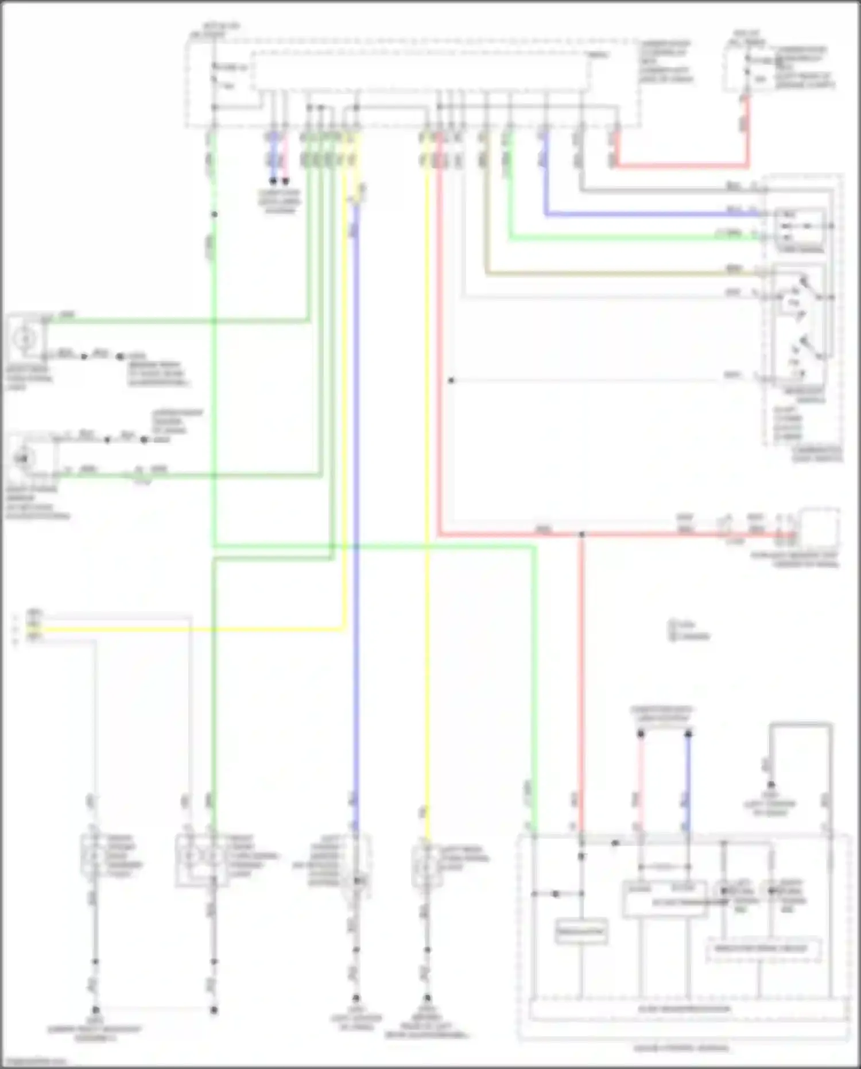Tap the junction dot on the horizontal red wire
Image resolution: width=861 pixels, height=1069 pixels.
pos(581,535)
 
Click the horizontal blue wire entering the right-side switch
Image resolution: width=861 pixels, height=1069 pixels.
pos(649,215)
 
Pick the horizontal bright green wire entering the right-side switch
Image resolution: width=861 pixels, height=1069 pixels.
pos(631,238)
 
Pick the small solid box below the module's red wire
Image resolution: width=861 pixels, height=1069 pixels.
pos(581,932)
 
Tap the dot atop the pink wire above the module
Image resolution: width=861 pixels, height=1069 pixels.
pos(641,734)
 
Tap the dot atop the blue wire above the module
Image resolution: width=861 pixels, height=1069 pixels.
pos(688,734)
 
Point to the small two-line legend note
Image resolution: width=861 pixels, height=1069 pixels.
pos(689,630)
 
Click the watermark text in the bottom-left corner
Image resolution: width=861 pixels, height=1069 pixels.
pos(34,1062)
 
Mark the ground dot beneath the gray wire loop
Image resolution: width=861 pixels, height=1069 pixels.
pos(771,785)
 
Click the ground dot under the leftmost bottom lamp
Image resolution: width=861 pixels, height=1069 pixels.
pos(95,1010)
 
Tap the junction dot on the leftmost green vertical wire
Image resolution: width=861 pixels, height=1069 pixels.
pos(214,215)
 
